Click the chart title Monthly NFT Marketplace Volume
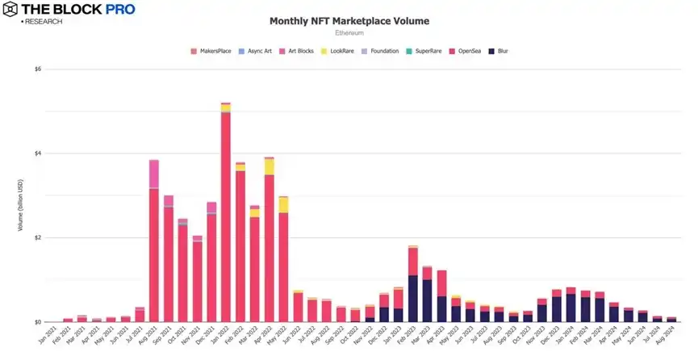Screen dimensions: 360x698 [349, 20]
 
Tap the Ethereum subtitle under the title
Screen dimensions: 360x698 [349, 34]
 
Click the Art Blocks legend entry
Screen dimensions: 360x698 [296, 51]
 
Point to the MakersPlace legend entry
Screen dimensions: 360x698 [211, 51]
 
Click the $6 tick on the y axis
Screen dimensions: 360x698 [38, 69]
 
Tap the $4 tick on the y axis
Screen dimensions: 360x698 [38, 153]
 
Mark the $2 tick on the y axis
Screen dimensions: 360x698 [38, 238]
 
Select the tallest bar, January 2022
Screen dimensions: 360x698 [226, 214]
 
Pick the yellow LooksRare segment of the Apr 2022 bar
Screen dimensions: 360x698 [269, 166]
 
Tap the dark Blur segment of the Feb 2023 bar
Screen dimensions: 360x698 [413, 299]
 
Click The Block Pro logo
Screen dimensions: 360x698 [69, 10]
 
